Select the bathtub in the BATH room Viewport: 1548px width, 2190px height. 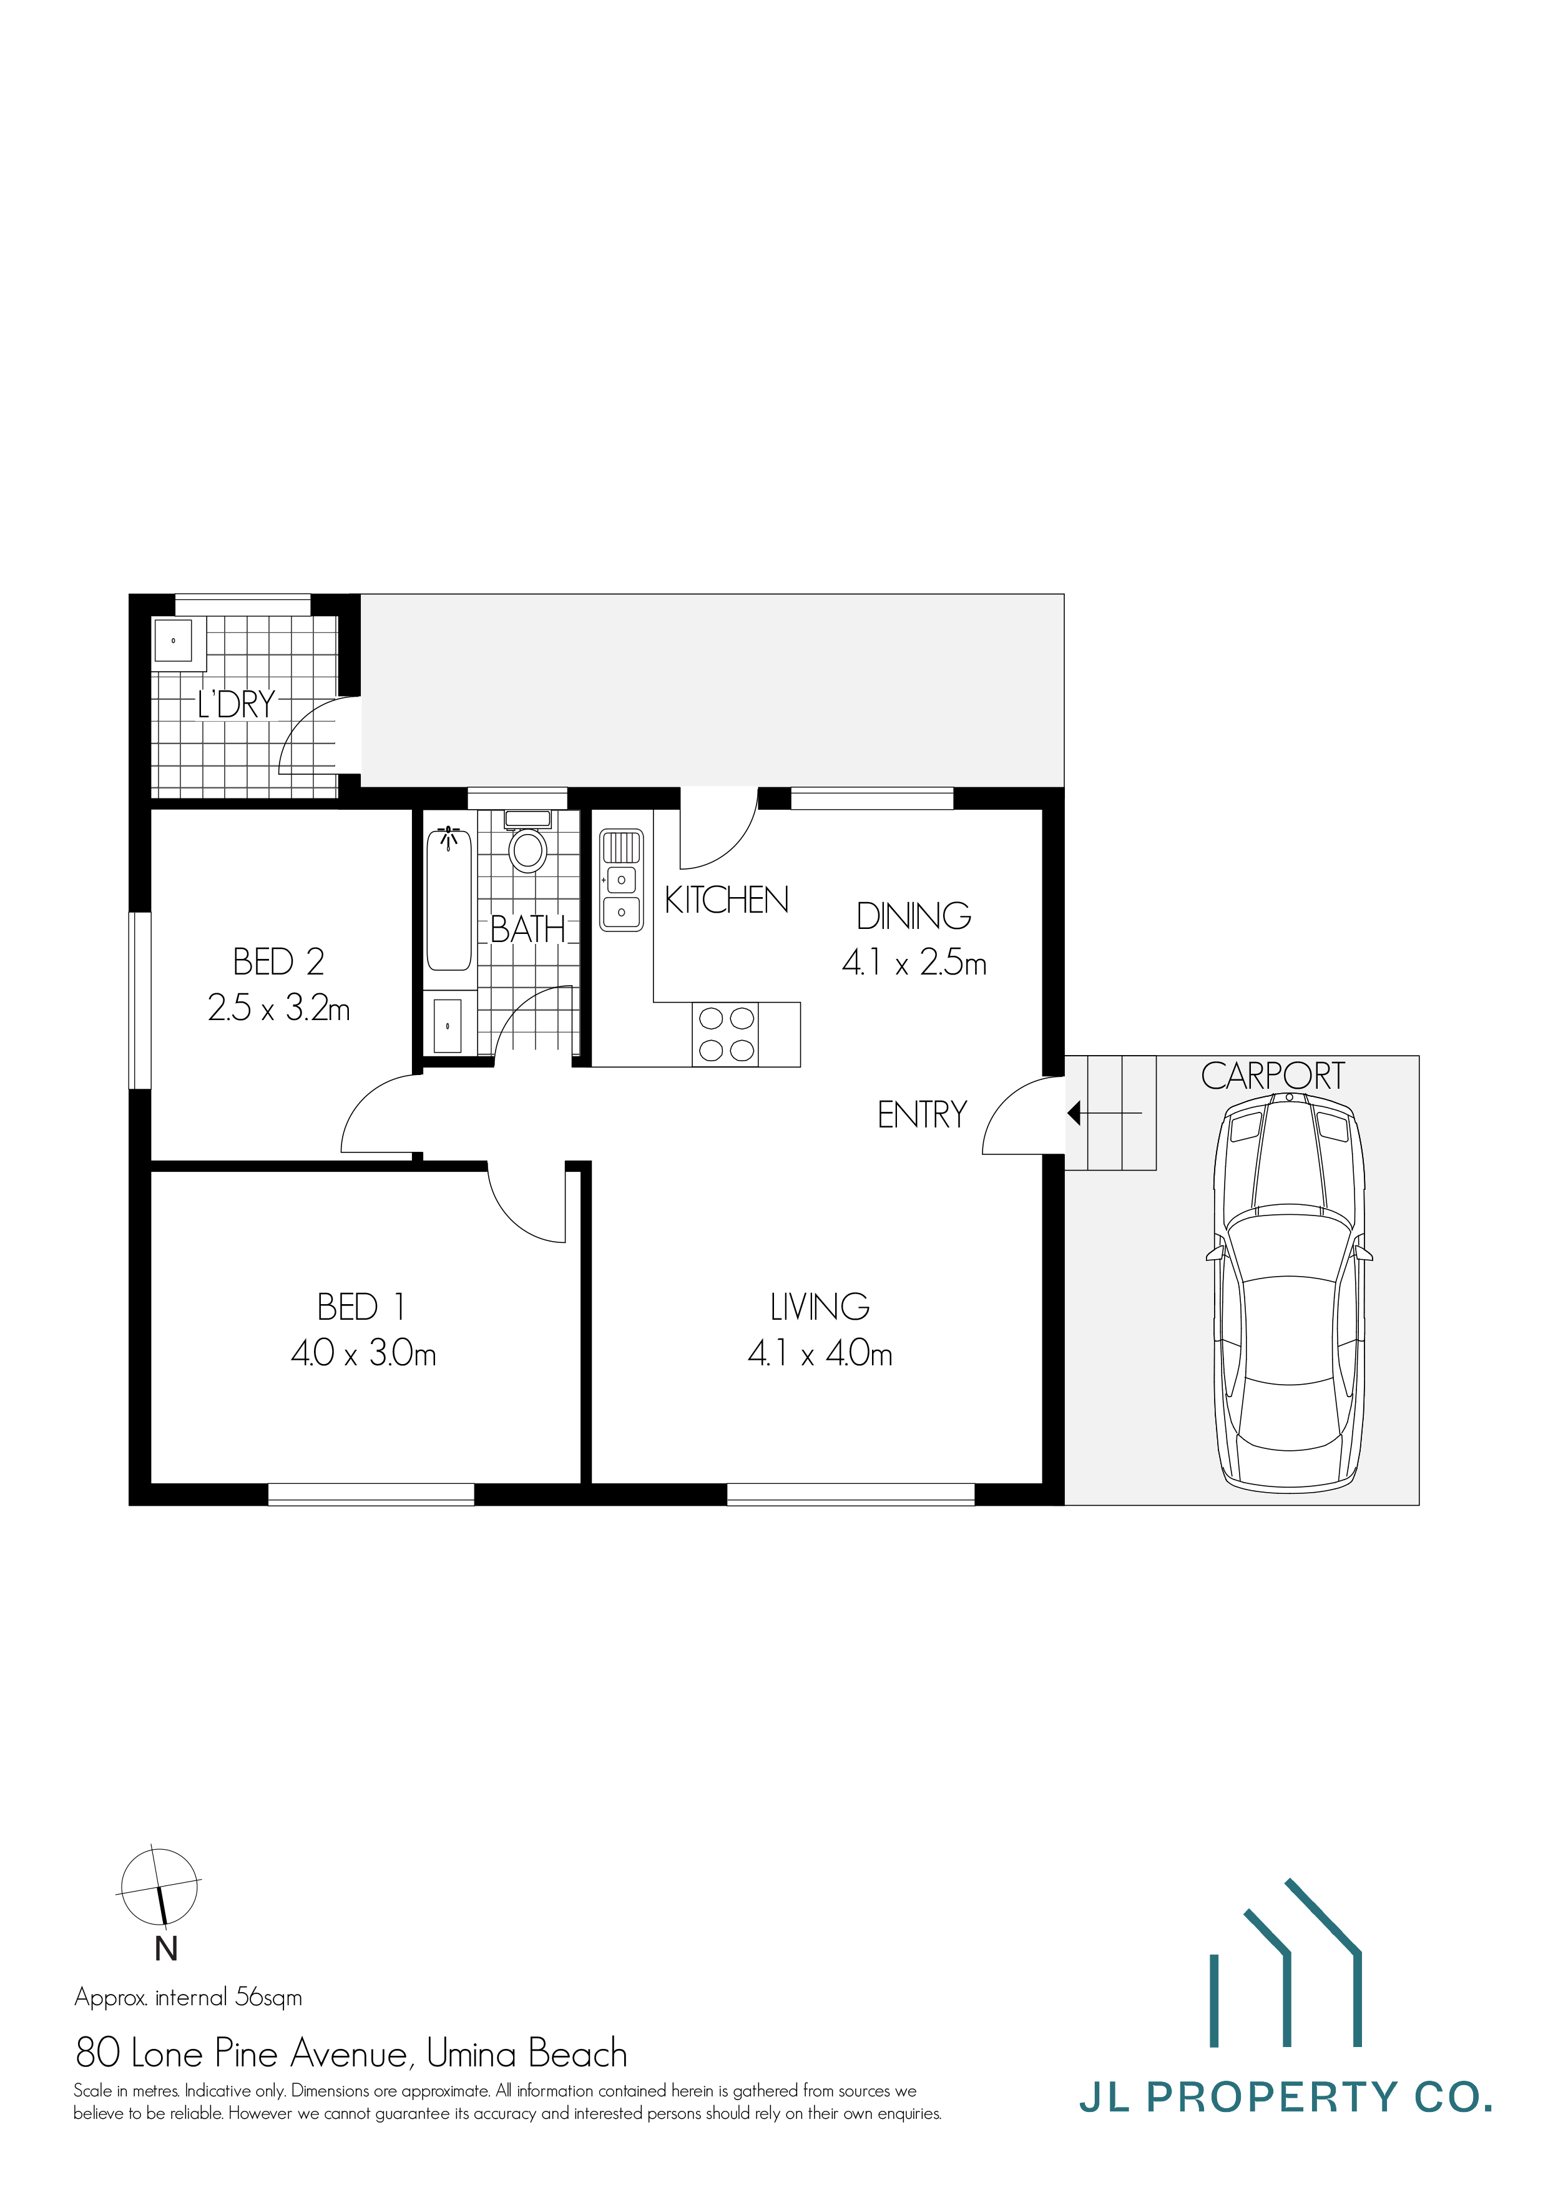(448, 900)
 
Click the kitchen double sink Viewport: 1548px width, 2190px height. (621, 880)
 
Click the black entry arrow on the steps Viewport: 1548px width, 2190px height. (1075, 1113)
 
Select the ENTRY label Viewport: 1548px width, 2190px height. (921, 1115)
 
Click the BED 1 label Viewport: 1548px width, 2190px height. (361, 1307)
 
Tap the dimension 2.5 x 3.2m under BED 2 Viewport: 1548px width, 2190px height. (278, 1008)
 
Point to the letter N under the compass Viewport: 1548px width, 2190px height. (166, 1950)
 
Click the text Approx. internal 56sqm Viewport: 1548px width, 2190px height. (188, 1997)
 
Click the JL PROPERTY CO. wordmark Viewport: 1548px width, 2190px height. (1285, 2098)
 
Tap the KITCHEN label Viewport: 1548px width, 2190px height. (726, 900)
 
